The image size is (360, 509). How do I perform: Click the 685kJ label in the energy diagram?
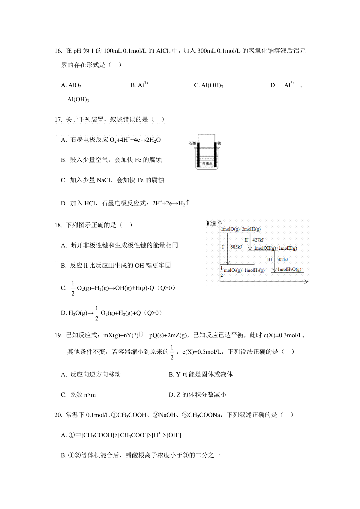pos(236,247)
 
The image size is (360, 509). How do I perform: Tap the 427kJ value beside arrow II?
pos(258,240)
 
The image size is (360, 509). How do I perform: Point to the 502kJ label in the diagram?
pos(282,260)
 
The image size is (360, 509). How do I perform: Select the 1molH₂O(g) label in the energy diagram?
pos(289,269)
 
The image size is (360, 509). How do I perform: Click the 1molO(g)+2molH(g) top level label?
pos(241,229)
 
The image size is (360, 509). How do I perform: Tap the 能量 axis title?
pos(211,223)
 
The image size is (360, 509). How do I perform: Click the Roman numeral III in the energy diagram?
pos(270,260)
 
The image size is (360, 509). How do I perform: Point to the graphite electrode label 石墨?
pos(192,144)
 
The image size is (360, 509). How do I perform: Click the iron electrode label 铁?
pos(219,144)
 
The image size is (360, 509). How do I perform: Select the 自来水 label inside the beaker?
pos(207,164)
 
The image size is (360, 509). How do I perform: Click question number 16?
pos(58,51)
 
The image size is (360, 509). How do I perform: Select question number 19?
pos(58,335)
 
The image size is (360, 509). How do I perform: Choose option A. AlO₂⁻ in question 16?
pos(72,85)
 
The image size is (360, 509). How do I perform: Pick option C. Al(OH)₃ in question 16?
pos(208,85)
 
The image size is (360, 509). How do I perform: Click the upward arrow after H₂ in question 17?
pos(188,203)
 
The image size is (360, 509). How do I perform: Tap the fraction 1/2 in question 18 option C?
pos(73,288)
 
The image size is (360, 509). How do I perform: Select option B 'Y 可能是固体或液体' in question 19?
pos(201,374)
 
